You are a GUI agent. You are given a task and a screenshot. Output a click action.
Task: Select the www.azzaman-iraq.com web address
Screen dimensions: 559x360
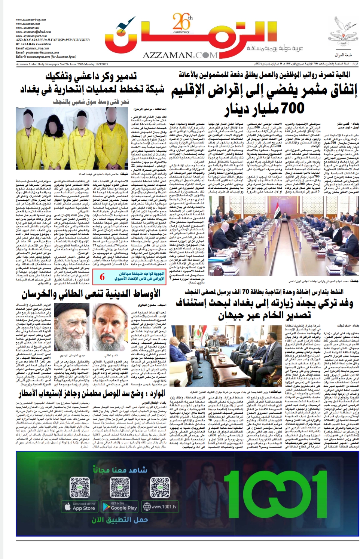[x=31, y=19]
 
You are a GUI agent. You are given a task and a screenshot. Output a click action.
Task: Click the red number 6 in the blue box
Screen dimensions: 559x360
[x=102, y=277]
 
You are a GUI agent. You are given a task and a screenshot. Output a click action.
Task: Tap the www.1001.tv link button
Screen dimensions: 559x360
[x=160, y=507]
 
